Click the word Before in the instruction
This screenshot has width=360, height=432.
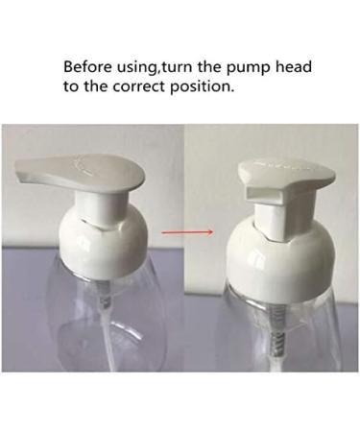click(87, 68)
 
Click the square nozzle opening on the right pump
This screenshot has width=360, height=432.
click(258, 198)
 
